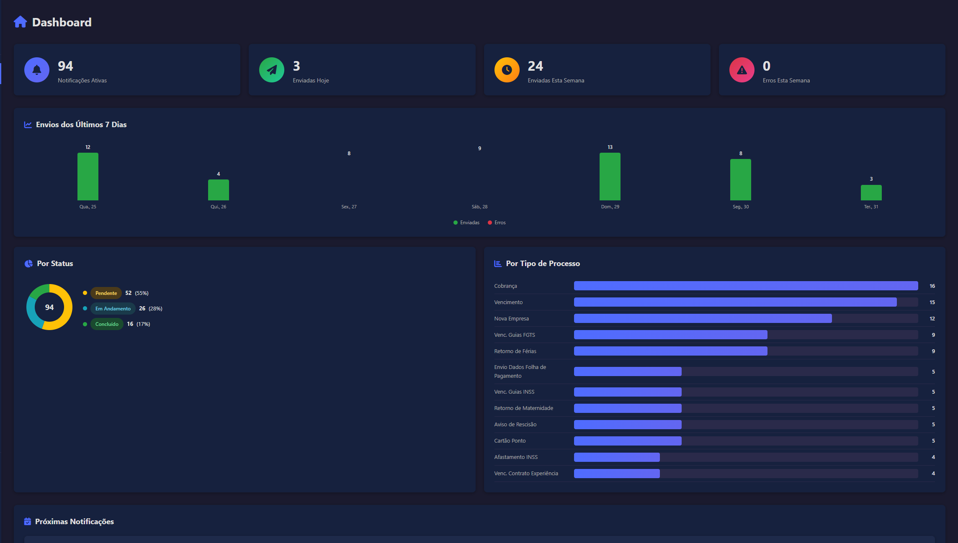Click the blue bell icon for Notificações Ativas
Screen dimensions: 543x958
coord(37,70)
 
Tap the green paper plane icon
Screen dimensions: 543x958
coord(272,70)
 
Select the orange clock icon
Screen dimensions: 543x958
coord(507,70)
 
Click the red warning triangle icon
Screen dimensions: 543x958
coord(742,70)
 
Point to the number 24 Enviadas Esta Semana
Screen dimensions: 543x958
coord(535,66)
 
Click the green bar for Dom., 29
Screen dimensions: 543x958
coord(610,177)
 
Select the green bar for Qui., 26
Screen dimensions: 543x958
coord(218,190)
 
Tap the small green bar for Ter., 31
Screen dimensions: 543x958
coord(871,193)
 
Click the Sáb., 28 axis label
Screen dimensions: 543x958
coord(479,207)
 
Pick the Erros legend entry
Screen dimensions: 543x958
coord(497,223)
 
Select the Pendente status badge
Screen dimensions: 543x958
coord(106,293)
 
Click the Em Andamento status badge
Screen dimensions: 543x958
coord(113,309)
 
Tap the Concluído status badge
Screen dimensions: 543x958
coord(107,324)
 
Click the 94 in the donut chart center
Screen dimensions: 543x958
coord(49,307)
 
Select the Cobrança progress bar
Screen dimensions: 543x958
coord(746,286)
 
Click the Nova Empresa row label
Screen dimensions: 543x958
coord(511,319)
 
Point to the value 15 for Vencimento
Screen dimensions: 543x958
coord(932,302)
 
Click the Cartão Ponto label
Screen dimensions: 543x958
coord(510,441)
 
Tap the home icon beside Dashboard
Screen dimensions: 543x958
coord(20,22)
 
